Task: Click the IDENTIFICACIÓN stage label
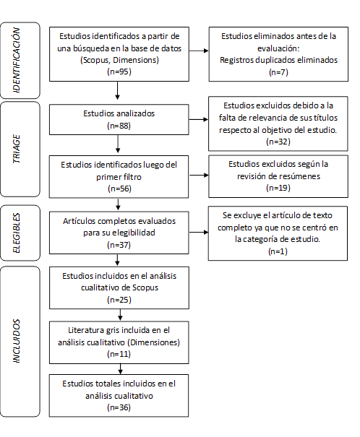17,60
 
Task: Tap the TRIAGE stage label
17,149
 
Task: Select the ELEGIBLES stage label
17,233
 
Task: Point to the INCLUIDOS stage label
17,341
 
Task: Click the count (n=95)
119,72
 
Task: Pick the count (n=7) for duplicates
278,72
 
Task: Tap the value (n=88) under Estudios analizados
119,126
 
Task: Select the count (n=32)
278,142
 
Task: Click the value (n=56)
119,189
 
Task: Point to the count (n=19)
278,188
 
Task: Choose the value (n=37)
119,245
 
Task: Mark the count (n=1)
278,251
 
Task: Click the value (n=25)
119,300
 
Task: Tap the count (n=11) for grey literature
119,354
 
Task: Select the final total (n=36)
119,407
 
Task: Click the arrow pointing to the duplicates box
199,51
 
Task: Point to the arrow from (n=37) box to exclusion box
199,232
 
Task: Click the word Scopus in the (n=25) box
145,287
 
